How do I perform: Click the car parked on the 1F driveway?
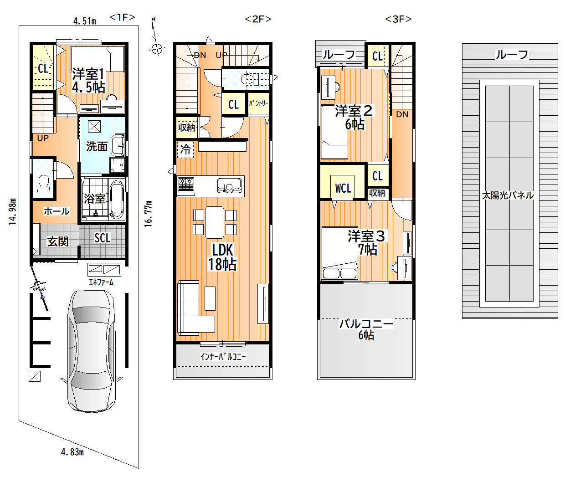[92, 351]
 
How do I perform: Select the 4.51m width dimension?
[85, 21]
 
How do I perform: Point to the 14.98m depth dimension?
[12, 211]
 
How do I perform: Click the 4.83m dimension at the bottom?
[72, 452]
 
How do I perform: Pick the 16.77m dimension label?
[148, 214]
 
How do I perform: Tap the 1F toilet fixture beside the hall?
[43, 183]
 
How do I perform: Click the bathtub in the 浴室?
[117, 200]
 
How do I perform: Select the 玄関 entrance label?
[57, 241]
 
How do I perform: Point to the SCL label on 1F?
[102, 238]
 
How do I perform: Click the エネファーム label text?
[101, 282]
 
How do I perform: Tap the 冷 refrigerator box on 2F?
[185, 149]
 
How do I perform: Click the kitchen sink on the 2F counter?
[229, 185]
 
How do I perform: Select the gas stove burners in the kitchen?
[185, 184]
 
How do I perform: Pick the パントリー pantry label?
[259, 103]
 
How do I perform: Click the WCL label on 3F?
[343, 188]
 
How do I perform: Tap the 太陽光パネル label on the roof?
[508, 195]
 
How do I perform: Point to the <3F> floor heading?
[398, 19]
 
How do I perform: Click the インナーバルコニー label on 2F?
[223, 357]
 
